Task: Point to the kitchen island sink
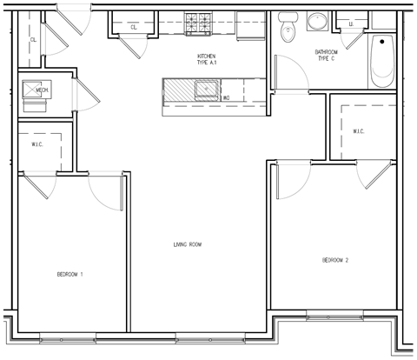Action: point(206,87)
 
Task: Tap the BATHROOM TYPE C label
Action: point(328,56)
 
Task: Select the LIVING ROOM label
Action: point(187,244)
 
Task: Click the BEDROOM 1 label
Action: point(69,275)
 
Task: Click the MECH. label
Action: point(41,90)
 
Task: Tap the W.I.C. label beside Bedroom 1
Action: point(37,144)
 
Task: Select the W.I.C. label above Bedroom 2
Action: point(359,131)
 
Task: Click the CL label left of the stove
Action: point(134,28)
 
